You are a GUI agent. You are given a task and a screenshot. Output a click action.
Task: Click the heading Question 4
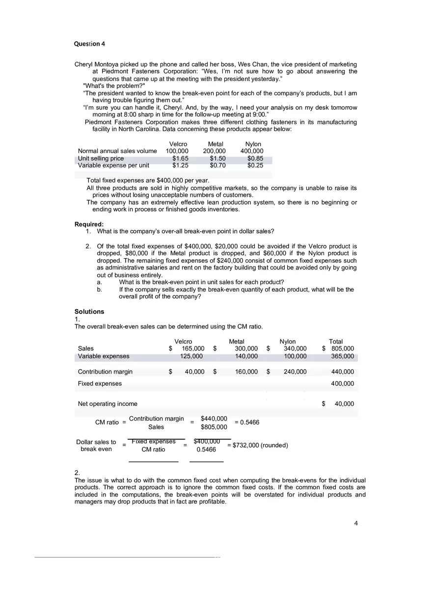pyautogui.click(x=89, y=44)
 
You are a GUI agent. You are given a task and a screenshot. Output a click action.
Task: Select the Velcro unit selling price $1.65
pyautogui.click(x=180, y=159)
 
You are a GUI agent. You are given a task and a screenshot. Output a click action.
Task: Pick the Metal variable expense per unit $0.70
pyautogui.click(x=217, y=165)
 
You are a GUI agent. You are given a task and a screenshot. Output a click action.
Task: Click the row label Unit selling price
pyautogui.click(x=101, y=159)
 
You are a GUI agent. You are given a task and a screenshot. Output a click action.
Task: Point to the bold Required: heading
pyautogui.click(x=89, y=224)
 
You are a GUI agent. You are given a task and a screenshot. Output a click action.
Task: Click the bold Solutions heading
pyautogui.click(x=89, y=312)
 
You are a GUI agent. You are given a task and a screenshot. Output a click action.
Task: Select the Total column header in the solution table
pyautogui.click(x=336, y=342)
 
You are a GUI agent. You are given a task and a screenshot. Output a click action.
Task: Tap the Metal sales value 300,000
pyautogui.click(x=246, y=348)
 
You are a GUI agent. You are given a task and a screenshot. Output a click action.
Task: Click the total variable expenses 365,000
pyautogui.click(x=342, y=356)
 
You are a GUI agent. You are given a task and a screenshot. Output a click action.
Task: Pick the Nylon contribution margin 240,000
pyautogui.click(x=295, y=372)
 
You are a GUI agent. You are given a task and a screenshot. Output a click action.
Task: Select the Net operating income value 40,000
pyautogui.click(x=344, y=404)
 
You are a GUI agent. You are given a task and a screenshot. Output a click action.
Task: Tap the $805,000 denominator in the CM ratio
pyautogui.click(x=214, y=427)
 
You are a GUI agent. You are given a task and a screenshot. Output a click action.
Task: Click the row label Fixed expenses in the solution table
pyautogui.click(x=100, y=384)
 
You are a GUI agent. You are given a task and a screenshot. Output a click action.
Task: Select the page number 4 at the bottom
pyautogui.click(x=356, y=523)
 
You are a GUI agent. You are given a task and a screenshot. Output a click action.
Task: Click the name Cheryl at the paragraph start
pyautogui.click(x=84, y=64)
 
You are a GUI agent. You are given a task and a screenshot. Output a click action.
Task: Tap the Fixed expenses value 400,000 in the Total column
pyautogui.click(x=342, y=384)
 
